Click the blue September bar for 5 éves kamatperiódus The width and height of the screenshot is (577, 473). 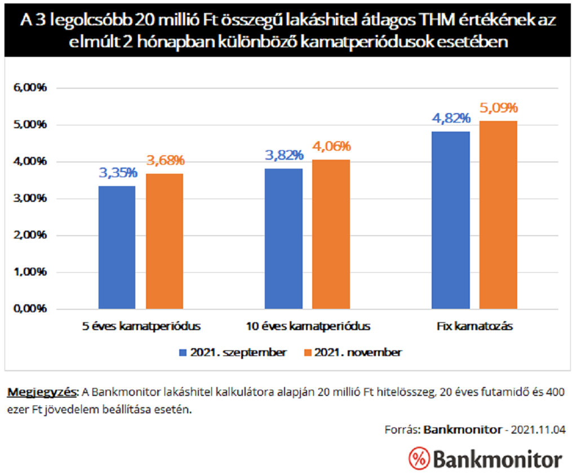click(x=117, y=247)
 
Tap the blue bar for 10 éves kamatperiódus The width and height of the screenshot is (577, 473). click(x=283, y=238)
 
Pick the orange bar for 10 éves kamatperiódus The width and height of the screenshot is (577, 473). click(x=331, y=234)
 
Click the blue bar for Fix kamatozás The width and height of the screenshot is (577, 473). click(x=450, y=220)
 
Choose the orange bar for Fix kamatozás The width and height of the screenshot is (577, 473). click(x=498, y=215)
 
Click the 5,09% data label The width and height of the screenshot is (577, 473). click(x=499, y=108)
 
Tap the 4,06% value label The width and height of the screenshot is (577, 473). click(x=331, y=147)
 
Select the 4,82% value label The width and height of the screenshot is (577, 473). click(x=451, y=119)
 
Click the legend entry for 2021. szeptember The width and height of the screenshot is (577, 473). click(x=233, y=353)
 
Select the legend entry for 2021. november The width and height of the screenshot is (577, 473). click(x=353, y=353)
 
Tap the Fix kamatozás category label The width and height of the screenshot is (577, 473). click(x=474, y=326)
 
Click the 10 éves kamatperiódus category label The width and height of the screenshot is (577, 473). click(x=308, y=326)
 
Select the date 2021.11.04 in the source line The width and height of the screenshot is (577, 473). click(x=538, y=429)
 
